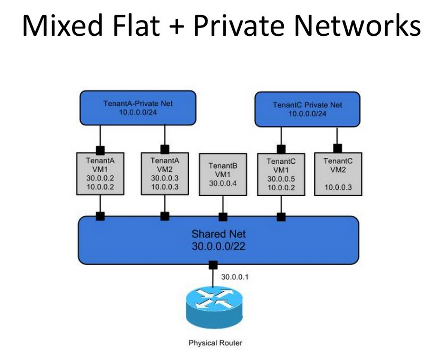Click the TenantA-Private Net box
point(138,108)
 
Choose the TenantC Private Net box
point(307,109)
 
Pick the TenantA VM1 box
point(100,173)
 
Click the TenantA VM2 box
point(165,173)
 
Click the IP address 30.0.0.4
point(223,183)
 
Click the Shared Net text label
point(218,234)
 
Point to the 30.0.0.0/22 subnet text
point(218,246)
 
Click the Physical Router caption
point(215,343)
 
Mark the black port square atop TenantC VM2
point(337,148)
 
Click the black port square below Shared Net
point(213,265)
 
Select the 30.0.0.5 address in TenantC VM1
point(281,179)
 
